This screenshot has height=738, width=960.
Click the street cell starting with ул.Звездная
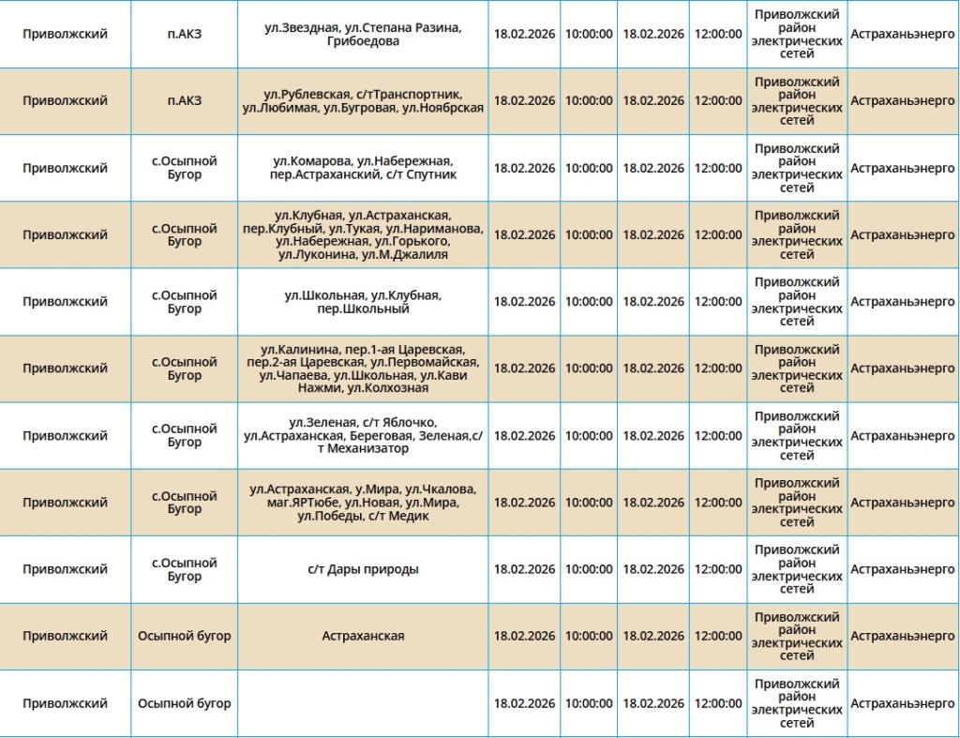tap(363, 35)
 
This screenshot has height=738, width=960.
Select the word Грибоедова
tap(364, 41)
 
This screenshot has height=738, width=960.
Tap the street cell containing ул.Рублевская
tap(363, 101)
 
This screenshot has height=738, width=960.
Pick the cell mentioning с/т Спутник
tap(363, 168)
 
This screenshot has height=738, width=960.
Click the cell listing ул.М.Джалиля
tap(363, 234)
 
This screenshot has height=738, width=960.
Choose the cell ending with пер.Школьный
tap(363, 302)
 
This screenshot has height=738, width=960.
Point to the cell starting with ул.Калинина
tap(363, 369)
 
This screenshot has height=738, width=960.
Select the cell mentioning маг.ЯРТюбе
tap(363, 503)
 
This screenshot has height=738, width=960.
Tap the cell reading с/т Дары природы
tap(363, 569)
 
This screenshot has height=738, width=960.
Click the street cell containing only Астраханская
tap(363, 636)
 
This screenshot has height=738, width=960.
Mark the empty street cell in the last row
tap(363, 703)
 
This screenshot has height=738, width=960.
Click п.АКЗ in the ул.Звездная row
tap(184, 34)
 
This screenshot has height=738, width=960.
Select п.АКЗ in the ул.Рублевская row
tap(184, 101)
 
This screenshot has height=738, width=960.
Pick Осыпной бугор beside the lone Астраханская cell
tap(184, 636)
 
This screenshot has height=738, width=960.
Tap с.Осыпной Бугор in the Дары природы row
tap(184, 569)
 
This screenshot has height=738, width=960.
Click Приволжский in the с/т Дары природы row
tap(65, 569)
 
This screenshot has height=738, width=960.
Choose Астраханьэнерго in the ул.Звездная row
tap(902, 34)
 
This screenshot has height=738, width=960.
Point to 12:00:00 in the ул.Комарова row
tap(718, 168)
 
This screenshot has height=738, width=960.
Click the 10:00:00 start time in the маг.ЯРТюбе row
tap(589, 503)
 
